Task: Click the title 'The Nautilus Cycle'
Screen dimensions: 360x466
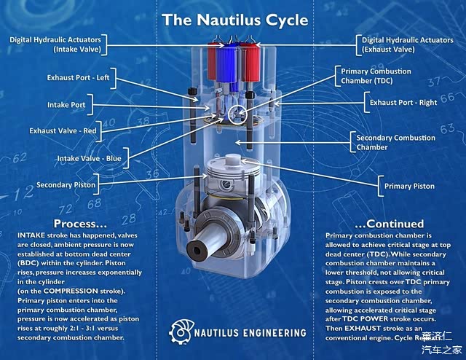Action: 234,20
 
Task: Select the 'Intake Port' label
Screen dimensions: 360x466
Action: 66,105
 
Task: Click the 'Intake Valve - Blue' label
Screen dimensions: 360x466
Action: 90,157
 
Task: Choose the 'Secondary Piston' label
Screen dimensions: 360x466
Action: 66,185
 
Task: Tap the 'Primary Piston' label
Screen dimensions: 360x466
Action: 409,186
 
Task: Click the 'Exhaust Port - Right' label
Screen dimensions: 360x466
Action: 403,103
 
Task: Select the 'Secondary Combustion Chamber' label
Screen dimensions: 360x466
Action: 395,142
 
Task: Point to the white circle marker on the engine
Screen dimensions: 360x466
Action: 236,113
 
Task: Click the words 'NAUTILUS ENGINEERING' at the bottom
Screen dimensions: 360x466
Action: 250,333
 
